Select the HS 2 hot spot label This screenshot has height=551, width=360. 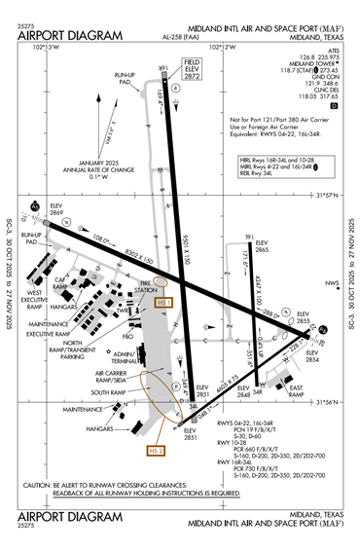pos(153,451)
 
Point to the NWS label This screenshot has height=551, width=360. pos(333,283)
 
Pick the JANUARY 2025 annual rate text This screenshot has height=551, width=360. pos(97,165)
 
